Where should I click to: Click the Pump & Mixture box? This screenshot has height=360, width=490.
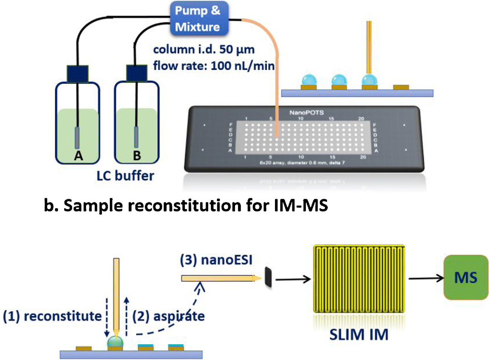pyautogui.click(x=199, y=18)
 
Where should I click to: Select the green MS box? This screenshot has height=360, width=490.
pyautogui.click(x=466, y=277)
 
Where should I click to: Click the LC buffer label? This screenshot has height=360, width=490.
pyautogui.click(x=125, y=176)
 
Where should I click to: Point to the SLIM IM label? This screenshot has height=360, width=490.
pyautogui.click(x=359, y=334)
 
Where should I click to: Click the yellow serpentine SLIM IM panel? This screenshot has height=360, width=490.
pyautogui.click(x=359, y=279)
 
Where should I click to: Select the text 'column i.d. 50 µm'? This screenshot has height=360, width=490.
pyautogui.click(x=204, y=49)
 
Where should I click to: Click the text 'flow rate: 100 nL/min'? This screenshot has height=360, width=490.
pyautogui.click(x=214, y=66)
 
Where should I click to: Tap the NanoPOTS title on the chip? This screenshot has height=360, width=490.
pyautogui.click(x=306, y=112)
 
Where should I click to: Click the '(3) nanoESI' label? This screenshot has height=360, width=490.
pyautogui.click(x=216, y=260)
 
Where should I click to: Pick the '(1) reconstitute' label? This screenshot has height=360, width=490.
pyautogui.click(x=52, y=316)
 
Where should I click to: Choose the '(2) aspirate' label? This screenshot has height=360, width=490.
pyautogui.click(x=169, y=316)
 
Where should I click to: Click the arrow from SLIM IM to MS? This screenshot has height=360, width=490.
pyautogui.click(x=426, y=278)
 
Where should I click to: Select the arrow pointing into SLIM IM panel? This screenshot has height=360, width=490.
pyautogui.click(x=293, y=279)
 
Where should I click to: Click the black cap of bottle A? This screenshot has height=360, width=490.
pyautogui.click(x=78, y=74)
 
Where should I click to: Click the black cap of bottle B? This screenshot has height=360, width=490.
pyautogui.click(x=137, y=74)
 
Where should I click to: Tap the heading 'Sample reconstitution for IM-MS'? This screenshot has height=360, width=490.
pyautogui.click(x=186, y=206)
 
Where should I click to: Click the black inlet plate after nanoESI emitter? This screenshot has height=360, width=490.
pyautogui.click(x=268, y=278)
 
